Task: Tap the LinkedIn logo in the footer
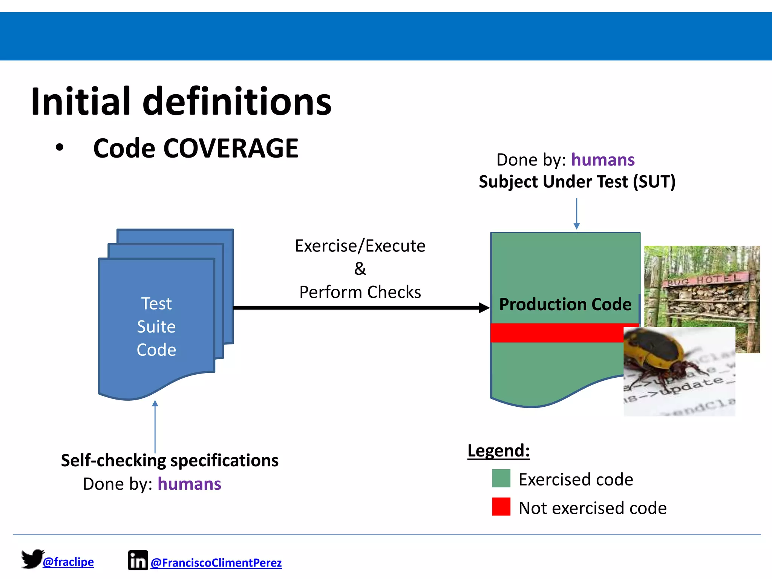click(x=138, y=561)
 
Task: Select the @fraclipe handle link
click(x=68, y=562)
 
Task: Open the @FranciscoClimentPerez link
click(x=216, y=563)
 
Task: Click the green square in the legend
click(x=501, y=478)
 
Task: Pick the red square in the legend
click(x=501, y=507)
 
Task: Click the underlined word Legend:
click(x=498, y=451)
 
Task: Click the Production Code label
click(x=565, y=304)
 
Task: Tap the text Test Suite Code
click(x=156, y=326)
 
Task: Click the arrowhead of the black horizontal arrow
click(x=484, y=308)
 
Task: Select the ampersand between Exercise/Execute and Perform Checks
click(x=360, y=269)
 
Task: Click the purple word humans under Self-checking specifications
click(x=189, y=484)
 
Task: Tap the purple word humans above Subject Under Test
click(x=603, y=160)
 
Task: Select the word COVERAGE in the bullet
click(x=231, y=148)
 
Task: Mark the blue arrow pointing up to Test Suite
click(x=155, y=426)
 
